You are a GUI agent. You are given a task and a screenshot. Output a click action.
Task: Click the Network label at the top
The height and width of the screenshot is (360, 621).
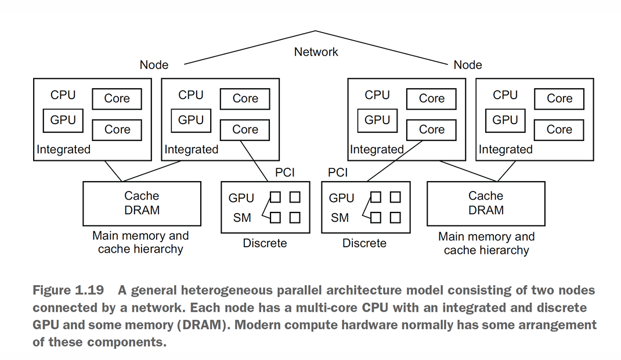[316, 52]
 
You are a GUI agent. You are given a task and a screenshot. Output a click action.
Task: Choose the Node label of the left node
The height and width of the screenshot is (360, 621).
[154, 65]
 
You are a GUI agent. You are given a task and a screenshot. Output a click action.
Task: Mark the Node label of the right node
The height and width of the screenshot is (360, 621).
[468, 65]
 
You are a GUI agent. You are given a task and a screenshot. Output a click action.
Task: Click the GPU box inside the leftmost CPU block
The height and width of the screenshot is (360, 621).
[63, 120]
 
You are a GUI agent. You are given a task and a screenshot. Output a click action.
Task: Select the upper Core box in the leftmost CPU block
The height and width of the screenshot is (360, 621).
[117, 99]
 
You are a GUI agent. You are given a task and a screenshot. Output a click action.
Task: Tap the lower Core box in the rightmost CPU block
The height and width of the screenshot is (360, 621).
[559, 129]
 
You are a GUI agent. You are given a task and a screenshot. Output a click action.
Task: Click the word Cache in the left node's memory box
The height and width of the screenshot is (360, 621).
[142, 196]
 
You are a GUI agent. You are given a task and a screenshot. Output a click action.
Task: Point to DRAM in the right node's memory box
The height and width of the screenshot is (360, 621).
[486, 210]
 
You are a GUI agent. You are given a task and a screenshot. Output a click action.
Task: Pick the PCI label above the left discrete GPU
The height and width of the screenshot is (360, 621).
[285, 172]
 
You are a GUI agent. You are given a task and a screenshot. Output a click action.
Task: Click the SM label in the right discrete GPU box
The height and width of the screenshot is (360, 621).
[340, 218]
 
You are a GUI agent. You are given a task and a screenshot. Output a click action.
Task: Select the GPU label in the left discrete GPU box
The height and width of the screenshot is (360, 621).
[241, 198]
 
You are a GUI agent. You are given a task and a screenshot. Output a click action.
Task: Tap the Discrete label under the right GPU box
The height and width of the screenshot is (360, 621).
[364, 243]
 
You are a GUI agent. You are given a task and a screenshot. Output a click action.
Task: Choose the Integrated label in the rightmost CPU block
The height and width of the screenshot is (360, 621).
[505, 150]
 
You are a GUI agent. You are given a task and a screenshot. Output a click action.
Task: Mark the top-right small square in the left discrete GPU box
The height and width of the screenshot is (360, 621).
[295, 197]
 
